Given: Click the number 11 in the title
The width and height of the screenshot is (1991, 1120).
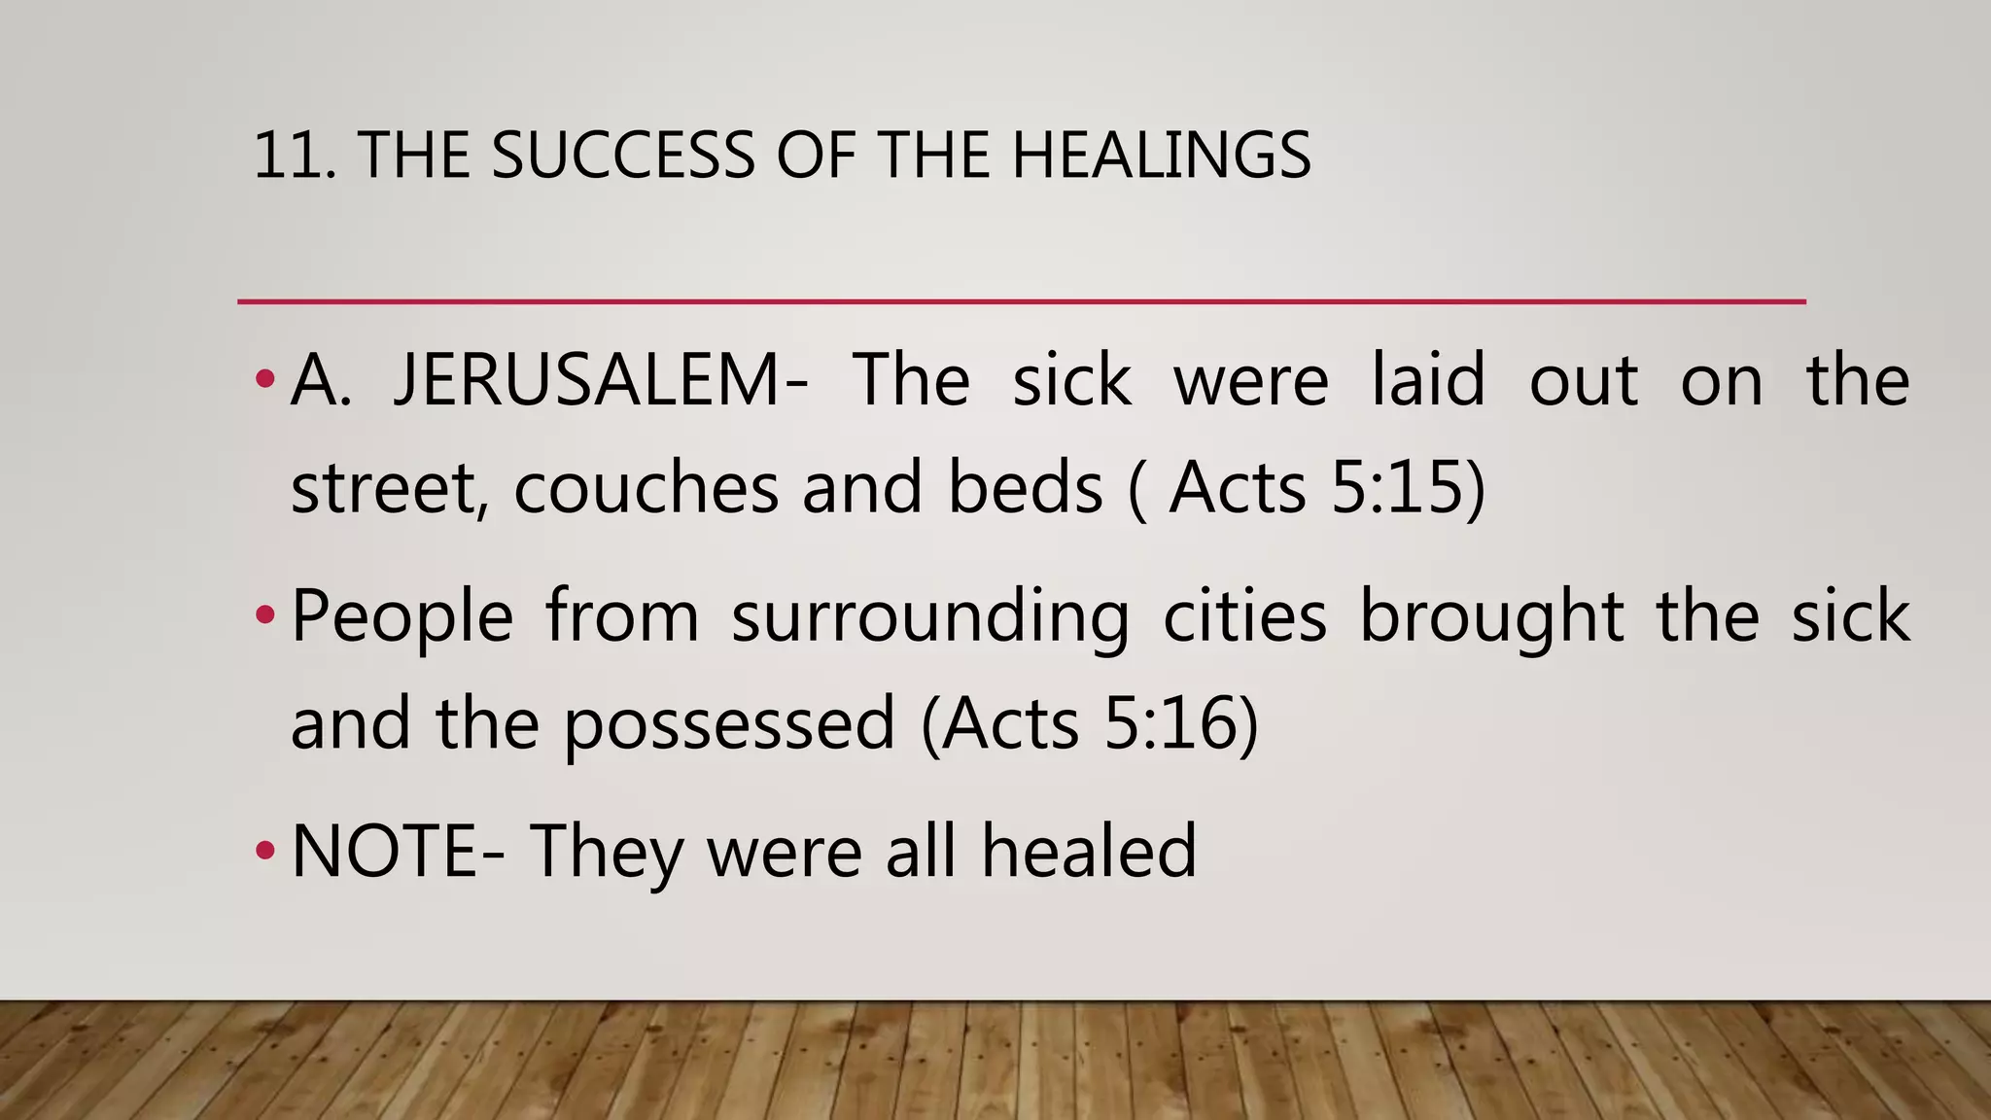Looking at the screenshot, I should (x=288, y=156).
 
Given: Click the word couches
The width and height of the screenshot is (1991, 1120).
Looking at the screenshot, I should (x=646, y=487).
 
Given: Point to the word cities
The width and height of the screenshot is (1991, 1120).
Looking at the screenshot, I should (x=1244, y=616).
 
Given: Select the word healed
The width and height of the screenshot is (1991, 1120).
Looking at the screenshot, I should (x=1088, y=852).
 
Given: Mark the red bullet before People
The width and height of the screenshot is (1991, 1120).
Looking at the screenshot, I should (x=265, y=615).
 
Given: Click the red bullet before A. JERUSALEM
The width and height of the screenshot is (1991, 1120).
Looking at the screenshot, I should (x=265, y=378).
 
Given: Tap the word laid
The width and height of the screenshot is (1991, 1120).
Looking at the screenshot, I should (x=1427, y=380).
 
